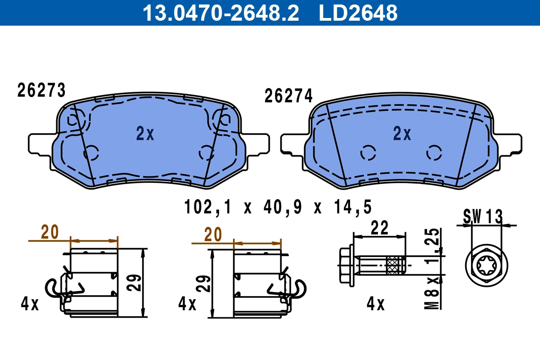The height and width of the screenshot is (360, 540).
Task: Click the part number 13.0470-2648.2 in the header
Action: (x=220, y=13)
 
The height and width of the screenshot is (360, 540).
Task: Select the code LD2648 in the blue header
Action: (x=358, y=13)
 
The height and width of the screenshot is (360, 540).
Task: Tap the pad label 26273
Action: (x=41, y=90)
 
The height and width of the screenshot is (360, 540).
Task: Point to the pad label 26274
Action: (x=288, y=96)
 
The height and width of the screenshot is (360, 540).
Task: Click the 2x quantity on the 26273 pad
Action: (x=145, y=134)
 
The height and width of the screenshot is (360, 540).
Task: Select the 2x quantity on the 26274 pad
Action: (x=402, y=134)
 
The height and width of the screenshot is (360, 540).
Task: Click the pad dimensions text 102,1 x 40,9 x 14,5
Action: (x=278, y=207)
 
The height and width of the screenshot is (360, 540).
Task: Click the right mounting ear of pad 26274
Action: (x=511, y=144)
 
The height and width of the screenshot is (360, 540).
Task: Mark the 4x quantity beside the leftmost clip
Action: (x=30, y=305)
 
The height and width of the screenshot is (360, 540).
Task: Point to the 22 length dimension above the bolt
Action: (x=379, y=228)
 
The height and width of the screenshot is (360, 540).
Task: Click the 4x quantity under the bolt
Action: (x=375, y=305)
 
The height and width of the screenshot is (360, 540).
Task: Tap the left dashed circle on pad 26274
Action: (x=368, y=153)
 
